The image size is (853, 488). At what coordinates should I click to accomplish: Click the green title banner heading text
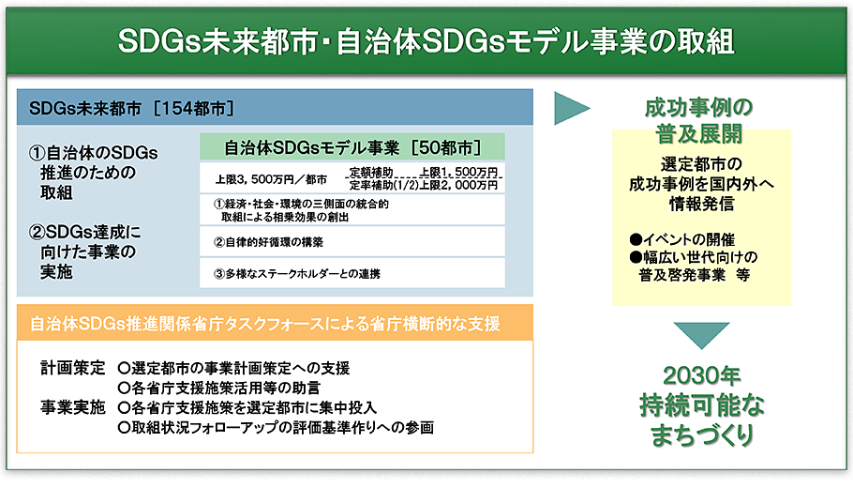426,42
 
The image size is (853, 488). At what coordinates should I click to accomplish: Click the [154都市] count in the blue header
194,108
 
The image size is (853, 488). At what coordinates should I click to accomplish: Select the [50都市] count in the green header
446,147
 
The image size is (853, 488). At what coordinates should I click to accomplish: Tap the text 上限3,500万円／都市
271,179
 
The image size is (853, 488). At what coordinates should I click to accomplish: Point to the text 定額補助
371,172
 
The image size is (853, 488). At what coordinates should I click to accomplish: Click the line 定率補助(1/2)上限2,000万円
424,185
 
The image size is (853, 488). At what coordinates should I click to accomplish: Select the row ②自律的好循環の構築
269,242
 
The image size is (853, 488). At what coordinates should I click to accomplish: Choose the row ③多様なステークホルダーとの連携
297,274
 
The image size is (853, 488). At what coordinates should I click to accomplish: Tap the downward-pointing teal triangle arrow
701,333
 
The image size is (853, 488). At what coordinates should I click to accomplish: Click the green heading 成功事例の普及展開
698,120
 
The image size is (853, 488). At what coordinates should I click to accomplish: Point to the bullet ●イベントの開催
681,239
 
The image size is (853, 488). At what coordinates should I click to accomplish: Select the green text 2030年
702,375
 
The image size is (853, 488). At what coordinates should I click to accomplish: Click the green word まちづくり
702,435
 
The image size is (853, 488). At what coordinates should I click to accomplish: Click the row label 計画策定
73,368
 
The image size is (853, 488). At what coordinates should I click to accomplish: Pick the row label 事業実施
73,407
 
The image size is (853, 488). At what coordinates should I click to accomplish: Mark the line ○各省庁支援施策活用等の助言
219,388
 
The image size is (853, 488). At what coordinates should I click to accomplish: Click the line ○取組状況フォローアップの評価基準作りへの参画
276,428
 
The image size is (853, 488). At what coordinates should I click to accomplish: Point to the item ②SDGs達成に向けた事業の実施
84,252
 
